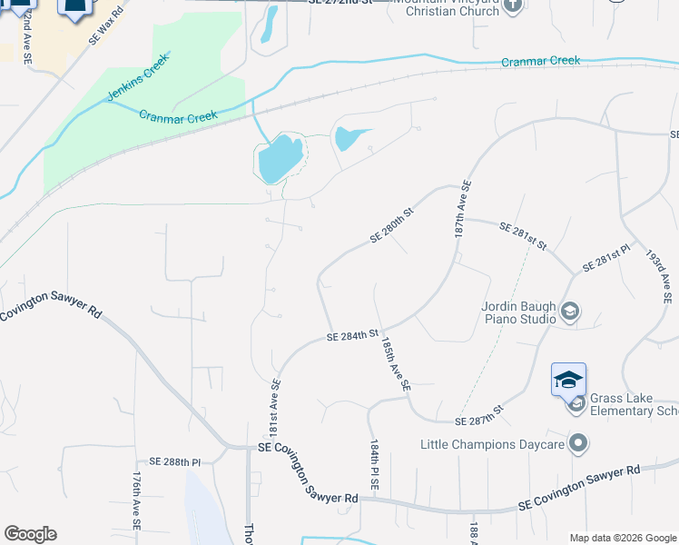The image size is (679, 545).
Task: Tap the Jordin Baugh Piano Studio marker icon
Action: [x=570, y=312]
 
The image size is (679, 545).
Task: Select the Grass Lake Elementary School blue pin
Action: [x=568, y=379]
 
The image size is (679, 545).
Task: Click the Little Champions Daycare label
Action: [x=493, y=444]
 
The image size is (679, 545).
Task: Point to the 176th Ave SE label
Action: [x=136, y=499]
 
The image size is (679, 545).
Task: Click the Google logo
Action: [x=30, y=534]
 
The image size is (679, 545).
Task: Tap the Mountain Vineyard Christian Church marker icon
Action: [x=513, y=5]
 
